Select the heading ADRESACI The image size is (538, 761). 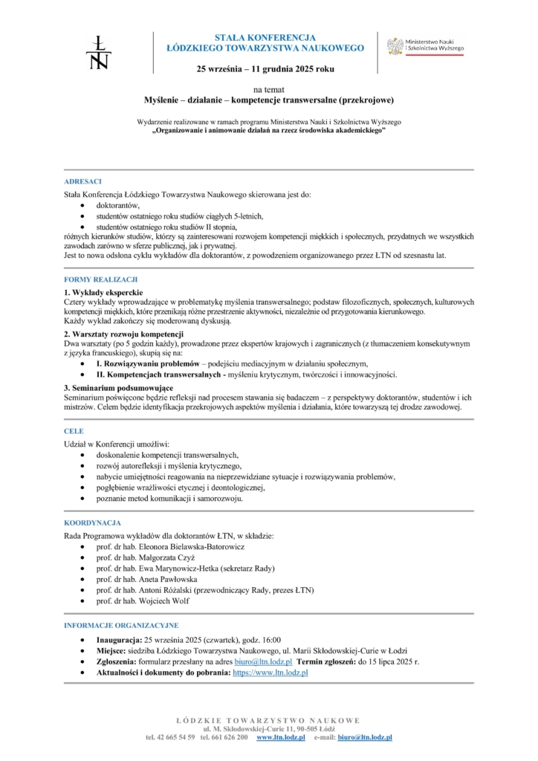(82, 181)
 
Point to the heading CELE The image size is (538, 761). (74, 431)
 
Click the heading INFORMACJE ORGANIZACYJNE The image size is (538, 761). (121, 625)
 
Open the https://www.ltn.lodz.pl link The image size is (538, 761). (270, 672)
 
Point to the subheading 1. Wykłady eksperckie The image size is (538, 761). (103, 292)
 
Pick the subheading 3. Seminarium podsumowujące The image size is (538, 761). (119, 388)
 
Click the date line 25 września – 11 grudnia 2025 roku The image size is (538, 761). (265, 69)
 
